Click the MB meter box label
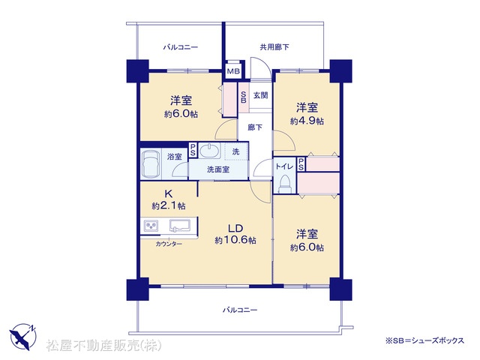point(233,72)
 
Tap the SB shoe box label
point(244,97)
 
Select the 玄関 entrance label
point(260,95)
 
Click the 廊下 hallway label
point(255,127)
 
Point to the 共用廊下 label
point(274,47)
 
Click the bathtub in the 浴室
point(151,163)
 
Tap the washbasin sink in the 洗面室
point(210,151)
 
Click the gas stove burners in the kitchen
point(151,226)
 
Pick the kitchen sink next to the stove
point(180,226)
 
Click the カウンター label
point(169,244)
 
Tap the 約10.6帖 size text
point(235,240)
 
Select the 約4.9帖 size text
point(307,121)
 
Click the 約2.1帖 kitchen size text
point(168,205)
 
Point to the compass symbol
point(23,337)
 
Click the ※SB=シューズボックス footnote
point(425,340)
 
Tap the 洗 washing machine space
point(237,151)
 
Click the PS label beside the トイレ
point(301,164)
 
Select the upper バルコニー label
point(180,47)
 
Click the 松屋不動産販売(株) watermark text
point(104,345)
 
